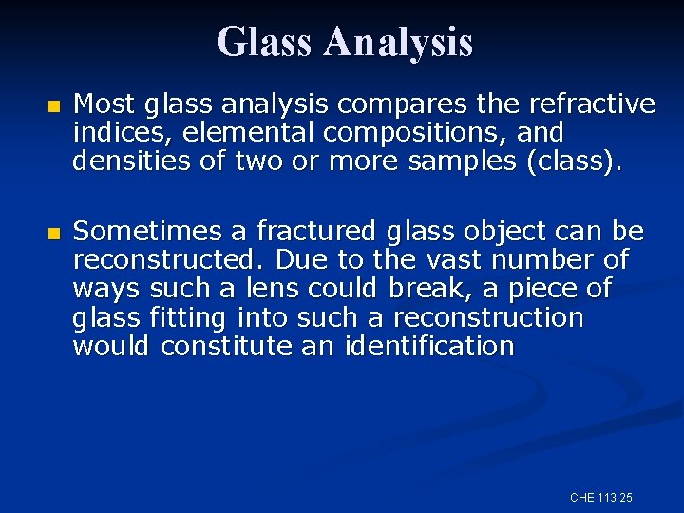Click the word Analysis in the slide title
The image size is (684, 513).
click(x=398, y=42)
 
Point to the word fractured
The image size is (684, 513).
click(x=310, y=232)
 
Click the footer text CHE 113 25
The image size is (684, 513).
click(x=601, y=498)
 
